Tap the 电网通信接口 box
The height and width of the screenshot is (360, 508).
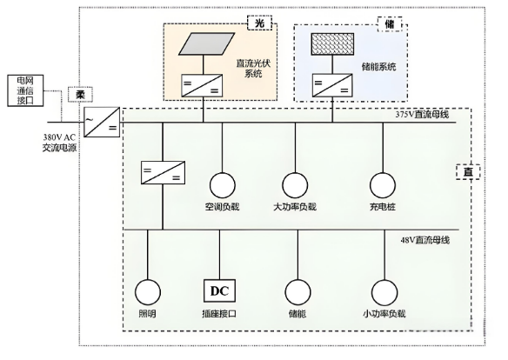coord(23,90)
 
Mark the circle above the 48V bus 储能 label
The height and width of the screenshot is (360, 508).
coord(297,290)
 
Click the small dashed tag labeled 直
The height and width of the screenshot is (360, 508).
coord(467,170)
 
